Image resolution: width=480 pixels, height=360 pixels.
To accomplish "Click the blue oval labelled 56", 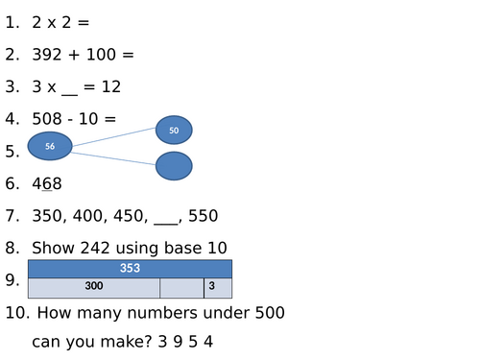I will (x=50, y=146).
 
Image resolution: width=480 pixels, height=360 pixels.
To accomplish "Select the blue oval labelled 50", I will (x=174, y=130).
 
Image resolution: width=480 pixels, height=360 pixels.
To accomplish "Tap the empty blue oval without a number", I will (x=174, y=166).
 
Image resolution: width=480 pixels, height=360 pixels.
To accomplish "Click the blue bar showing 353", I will (x=130, y=269).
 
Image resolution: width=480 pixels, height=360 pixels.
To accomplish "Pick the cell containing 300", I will (x=94, y=287).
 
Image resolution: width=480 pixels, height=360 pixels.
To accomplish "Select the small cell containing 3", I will (x=211, y=287).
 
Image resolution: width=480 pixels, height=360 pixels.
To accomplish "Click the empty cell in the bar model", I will (x=181, y=287).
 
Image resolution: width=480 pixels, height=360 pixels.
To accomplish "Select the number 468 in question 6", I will (x=47, y=183).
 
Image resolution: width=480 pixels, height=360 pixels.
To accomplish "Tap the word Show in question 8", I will (x=53, y=248).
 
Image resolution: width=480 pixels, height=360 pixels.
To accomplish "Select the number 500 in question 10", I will (x=264, y=312).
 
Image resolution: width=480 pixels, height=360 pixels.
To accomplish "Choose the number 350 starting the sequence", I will (x=47, y=215).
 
